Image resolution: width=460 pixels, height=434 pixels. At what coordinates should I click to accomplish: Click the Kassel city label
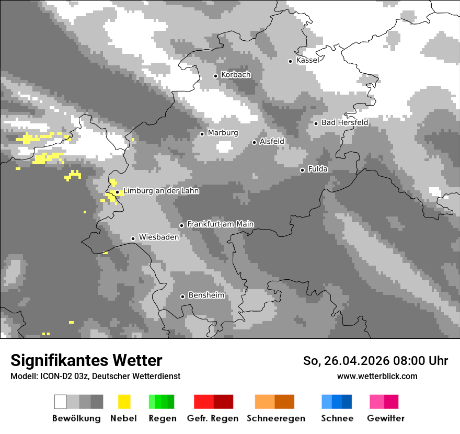click(307, 60)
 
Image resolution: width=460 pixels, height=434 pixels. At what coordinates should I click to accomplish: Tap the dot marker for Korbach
click(215, 76)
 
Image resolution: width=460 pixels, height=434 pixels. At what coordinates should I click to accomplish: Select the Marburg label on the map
click(223, 133)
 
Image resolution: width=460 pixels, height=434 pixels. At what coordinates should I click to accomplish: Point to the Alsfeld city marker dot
click(255, 142)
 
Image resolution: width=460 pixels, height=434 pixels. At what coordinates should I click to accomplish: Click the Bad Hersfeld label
click(344, 122)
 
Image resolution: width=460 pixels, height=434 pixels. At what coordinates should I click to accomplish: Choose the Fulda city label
click(318, 169)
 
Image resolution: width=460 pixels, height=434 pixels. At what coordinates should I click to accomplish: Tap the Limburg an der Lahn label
click(161, 191)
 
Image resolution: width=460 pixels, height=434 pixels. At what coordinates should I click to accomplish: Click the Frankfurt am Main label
click(220, 224)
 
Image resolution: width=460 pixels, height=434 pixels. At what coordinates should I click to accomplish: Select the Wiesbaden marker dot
click(133, 238)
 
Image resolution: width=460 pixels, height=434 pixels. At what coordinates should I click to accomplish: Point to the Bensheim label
click(206, 295)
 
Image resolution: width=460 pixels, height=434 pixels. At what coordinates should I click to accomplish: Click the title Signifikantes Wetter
click(86, 360)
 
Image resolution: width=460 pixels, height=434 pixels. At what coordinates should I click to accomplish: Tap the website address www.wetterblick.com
click(377, 376)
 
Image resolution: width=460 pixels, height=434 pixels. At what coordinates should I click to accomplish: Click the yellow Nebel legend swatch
click(124, 402)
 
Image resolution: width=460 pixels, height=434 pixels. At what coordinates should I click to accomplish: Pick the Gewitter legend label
click(385, 418)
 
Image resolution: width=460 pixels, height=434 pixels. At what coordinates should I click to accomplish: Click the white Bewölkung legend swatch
click(61, 402)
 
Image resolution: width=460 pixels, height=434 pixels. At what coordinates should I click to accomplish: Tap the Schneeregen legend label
click(276, 418)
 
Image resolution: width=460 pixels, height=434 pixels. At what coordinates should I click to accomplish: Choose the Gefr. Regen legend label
click(213, 418)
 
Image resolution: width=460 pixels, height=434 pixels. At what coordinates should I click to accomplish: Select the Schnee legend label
click(337, 418)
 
